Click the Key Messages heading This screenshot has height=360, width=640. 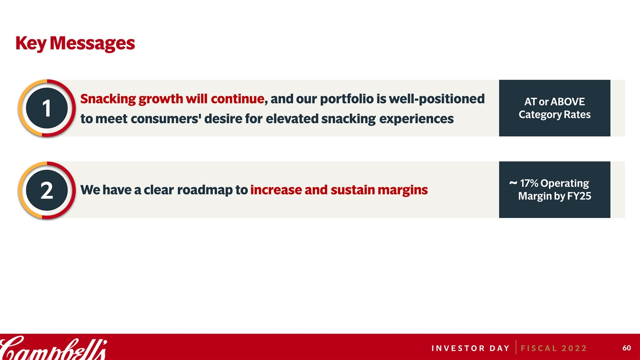pyautogui.click(x=75, y=43)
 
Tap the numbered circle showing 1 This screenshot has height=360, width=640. pyautogui.click(x=47, y=108)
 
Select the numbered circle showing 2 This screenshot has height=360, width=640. pyautogui.click(x=47, y=190)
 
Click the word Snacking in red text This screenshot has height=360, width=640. pyautogui.click(x=108, y=99)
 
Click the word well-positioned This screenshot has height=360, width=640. pyautogui.click(x=436, y=99)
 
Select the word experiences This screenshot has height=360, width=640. pyautogui.click(x=416, y=119)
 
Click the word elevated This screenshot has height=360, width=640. pyautogui.click(x=291, y=118)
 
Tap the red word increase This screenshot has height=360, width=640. pyautogui.click(x=276, y=190)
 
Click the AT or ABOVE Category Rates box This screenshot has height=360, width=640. pyautogui.click(x=554, y=108)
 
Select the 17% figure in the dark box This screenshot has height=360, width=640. pyautogui.click(x=528, y=183)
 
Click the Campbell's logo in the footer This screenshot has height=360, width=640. pyautogui.click(x=53, y=348)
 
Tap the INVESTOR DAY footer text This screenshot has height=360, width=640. pyautogui.click(x=470, y=348)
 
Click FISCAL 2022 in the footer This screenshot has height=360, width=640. pyautogui.click(x=553, y=348)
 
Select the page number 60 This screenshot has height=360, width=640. pyautogui.click(x=626, y=348)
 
